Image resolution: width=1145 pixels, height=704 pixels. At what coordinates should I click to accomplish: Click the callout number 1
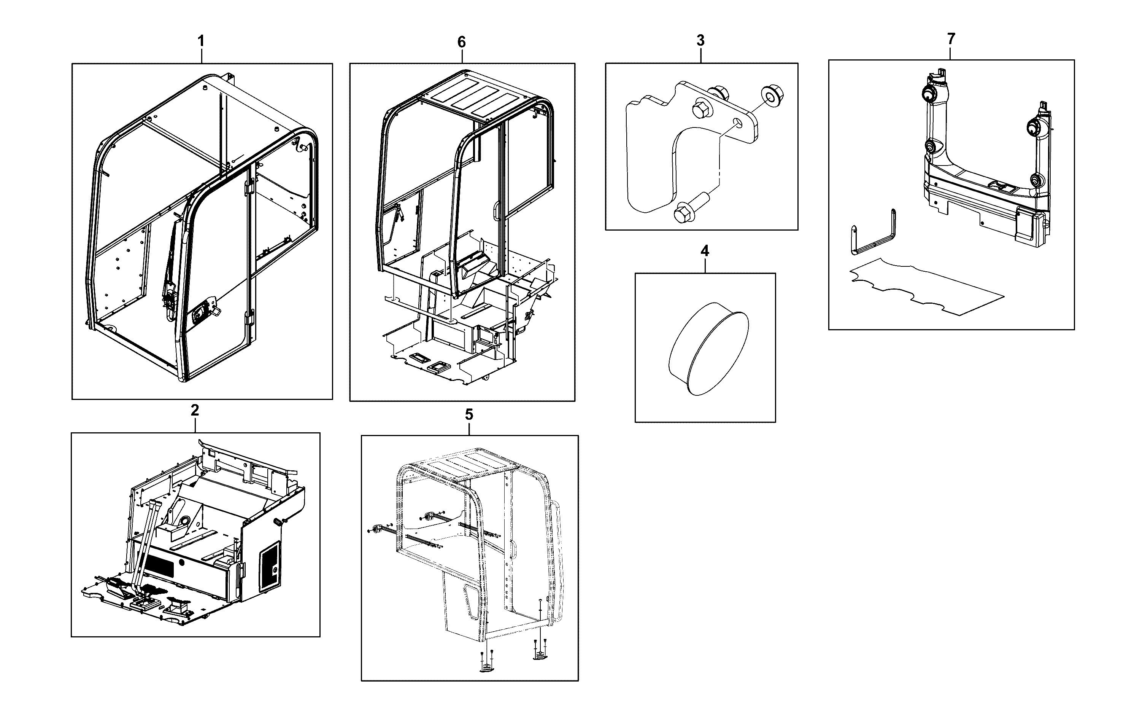click(201, 41)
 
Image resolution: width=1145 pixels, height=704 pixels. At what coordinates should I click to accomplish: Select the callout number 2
click(195, 410)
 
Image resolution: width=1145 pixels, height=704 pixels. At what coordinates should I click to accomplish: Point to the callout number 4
click(705, 251)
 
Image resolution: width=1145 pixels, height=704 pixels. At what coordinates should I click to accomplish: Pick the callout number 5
click(469, 414)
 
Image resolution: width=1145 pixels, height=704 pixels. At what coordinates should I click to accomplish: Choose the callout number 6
click(462, 42)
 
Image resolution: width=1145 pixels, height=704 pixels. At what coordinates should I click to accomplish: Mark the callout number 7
click(951, 39)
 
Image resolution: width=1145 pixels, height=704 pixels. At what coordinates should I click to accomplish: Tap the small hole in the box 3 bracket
click(737, 122)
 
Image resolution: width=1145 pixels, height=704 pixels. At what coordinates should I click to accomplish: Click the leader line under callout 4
click(705, 265)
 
